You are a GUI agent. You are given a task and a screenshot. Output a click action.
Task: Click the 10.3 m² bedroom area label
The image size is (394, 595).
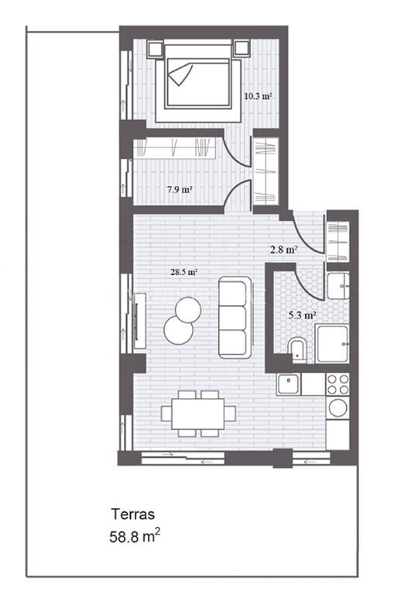(258, 96)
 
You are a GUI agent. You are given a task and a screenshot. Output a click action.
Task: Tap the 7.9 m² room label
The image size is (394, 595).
(180, 189)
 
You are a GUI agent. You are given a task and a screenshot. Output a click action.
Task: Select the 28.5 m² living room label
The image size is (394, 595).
(184, 272)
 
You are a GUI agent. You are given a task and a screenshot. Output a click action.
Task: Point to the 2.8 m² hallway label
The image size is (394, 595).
(283, 249)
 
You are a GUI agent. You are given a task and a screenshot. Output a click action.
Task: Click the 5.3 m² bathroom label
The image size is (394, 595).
(302, 315)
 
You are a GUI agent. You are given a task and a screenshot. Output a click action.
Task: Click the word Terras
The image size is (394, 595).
(132, 514)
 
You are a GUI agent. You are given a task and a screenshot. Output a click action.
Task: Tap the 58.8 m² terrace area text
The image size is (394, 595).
(135, 537)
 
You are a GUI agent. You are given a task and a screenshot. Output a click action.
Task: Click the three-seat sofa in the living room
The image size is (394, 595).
(235, 317)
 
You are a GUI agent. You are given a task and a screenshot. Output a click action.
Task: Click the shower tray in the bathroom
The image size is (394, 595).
(332, 343)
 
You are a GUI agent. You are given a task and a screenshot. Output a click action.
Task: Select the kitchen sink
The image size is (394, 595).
(289, 384)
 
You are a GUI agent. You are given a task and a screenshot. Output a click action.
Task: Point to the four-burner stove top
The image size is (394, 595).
(337, 384)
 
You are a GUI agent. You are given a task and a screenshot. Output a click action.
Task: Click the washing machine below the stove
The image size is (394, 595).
(337, 408)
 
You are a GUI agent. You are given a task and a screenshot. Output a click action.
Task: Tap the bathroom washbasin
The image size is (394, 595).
(337, 286)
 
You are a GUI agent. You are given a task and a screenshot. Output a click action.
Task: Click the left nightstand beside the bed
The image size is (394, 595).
(155, 49)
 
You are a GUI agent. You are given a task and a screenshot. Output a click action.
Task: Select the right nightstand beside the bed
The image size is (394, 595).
(242, 49)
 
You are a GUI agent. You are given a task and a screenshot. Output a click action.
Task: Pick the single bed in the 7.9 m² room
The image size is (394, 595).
(174, 148)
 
